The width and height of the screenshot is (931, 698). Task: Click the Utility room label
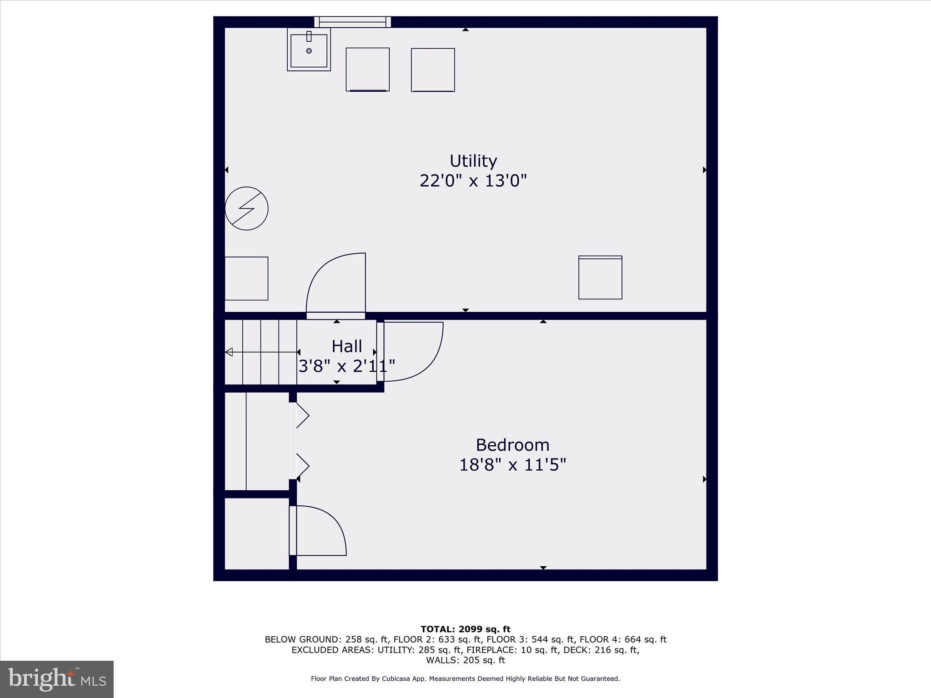coord(473,161)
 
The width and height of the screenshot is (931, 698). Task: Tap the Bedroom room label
coord(512,444)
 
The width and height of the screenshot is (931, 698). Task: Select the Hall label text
coord(346,346)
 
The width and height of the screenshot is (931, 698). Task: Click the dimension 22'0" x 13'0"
coord(473,181)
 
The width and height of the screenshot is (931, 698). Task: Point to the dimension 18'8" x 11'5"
coord(512,465)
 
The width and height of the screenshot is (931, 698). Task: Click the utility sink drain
coord(309,51)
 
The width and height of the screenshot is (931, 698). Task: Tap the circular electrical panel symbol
coord(246,208)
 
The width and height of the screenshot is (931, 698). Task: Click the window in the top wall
coord(352,22)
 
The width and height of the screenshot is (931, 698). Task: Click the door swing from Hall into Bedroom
coord(411,350)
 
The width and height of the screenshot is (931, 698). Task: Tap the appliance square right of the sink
coord(367,70)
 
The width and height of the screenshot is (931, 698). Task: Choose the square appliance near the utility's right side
coord(600,277)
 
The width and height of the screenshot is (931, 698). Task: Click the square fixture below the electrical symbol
coord(246,278)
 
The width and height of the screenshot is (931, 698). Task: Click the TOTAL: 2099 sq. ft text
coord(465,629)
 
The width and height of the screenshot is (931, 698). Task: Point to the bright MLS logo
coord(57,679)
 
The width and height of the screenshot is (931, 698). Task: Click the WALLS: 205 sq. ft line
coord(465,660)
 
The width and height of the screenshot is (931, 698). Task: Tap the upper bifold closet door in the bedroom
coord(302,415)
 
